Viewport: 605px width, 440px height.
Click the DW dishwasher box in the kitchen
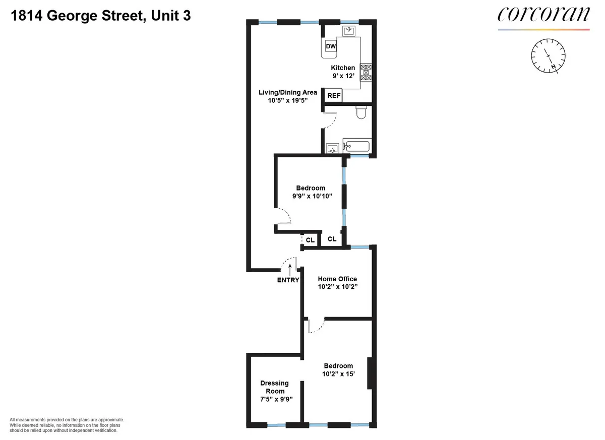(x=331, y=47)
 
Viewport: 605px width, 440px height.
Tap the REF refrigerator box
(x=334, y=95)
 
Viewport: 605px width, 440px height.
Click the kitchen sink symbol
(x=349, y=31)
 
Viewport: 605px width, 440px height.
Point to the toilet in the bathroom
(x=361, y=112)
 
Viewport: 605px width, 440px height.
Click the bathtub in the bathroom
(x=356, y=147)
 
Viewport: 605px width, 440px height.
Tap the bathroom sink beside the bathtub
(x=332, y=148)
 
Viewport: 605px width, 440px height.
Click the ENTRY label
(x=288, y=280)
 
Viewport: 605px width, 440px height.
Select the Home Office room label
(x=337, y=279)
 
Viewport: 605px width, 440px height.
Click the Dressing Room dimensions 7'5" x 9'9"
(x=274, y=399)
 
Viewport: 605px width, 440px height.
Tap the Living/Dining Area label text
(x=287, y=92)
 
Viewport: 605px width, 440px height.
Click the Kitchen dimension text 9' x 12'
(x=343, y=76)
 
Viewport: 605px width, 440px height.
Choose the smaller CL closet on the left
(x=310, y=240)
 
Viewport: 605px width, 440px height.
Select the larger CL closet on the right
(x=332, y=239)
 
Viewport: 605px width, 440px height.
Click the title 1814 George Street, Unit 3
(x=100, y=16)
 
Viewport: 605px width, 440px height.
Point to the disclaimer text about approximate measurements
(x=67, y=425)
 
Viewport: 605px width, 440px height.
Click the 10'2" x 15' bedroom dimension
(x=338, y=374)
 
